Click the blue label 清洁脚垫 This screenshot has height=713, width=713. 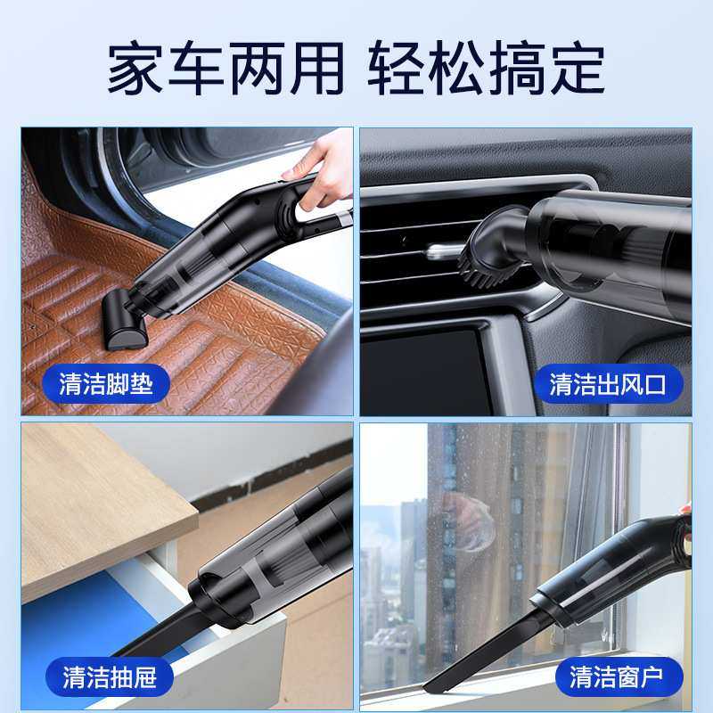click(x=106, y=384)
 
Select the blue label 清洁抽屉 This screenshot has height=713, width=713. click(x=110, y=677)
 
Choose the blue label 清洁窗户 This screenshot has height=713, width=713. click(x=613, y=677)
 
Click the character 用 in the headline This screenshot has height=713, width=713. click(x=314, y=67)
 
